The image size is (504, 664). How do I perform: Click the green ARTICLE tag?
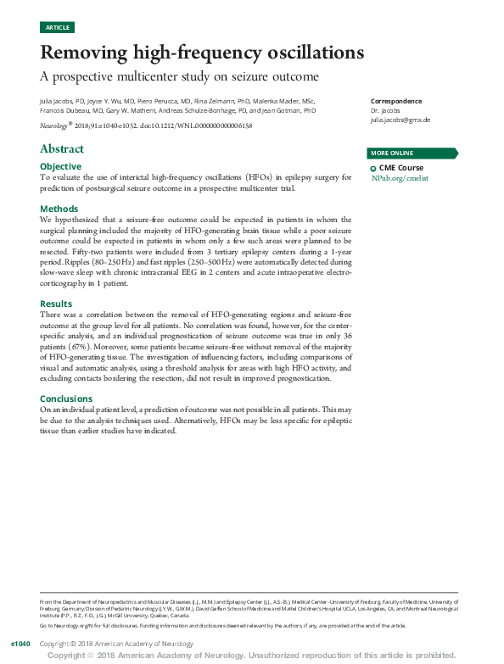pyautogui.click(x=57, y=28)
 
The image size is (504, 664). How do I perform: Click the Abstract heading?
pyautogui.click(x=62, y=149)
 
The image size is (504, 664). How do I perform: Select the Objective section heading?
pyautogui.click(x=61, y=166)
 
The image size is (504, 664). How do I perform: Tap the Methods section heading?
pyautogui.click(x=59, y=209)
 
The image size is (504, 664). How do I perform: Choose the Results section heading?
pyautogui.click(x=57, y=304)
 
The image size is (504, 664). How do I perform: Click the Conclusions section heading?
pyautogui.click(x=66, y=399)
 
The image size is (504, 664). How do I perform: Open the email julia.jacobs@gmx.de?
pyautogui.click(x=400, y=120)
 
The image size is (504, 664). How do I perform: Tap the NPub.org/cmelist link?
pyautogui.click(x=400, y=180)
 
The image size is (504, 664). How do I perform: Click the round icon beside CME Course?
pyautogui.click(x=374, y=170)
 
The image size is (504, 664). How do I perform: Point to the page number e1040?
pyautogui.click(x=20, y=644)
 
